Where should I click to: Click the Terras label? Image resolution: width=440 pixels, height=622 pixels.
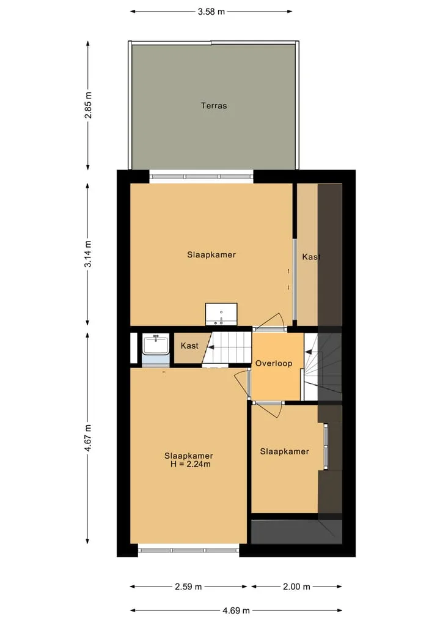point(214,106)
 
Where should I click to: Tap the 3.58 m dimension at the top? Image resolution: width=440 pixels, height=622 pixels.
point(211,12)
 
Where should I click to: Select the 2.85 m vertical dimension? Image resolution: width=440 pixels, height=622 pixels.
point(88,105)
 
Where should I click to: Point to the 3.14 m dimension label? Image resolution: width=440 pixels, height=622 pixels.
point(88,254)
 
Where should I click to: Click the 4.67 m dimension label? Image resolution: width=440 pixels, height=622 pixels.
point(88,438)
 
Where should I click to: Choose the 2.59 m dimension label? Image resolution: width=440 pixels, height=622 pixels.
point(188,587)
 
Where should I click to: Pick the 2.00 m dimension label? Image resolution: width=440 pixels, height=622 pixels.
point(296,587)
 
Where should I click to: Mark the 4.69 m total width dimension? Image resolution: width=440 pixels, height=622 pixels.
point(236,610)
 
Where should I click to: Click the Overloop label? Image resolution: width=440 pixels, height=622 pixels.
point(274,363)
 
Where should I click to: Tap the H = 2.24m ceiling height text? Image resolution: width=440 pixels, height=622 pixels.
point(190,464)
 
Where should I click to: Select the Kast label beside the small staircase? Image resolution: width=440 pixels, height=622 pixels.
point(189,346)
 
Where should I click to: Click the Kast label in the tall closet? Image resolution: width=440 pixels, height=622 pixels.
point(311,257)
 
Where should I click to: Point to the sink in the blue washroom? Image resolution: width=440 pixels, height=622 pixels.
point(156,344)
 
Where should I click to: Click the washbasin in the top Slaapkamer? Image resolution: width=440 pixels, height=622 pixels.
point(221,314)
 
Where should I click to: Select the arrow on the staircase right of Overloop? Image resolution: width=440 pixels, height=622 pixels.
point(308,352)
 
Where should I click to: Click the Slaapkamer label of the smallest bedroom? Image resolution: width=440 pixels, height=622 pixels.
point(284,451)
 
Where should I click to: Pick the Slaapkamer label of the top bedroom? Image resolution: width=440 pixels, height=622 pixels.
point(211,254)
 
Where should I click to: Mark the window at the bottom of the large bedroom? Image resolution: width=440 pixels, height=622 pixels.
point(189,550)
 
